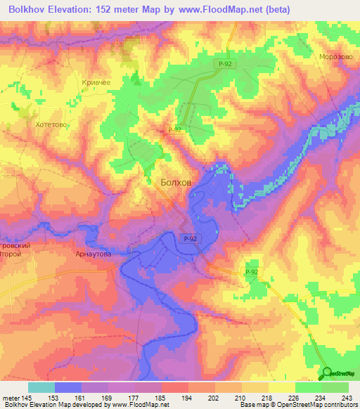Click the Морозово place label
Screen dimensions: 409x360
pyautogui.click(x=334, y=57)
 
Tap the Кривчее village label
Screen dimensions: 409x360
pyautogui.click(x=96, y=83)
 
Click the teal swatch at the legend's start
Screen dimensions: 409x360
pyautogui.click(x=41, y=387)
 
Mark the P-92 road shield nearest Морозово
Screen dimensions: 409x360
pyautogui.click(x=224, y=64)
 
